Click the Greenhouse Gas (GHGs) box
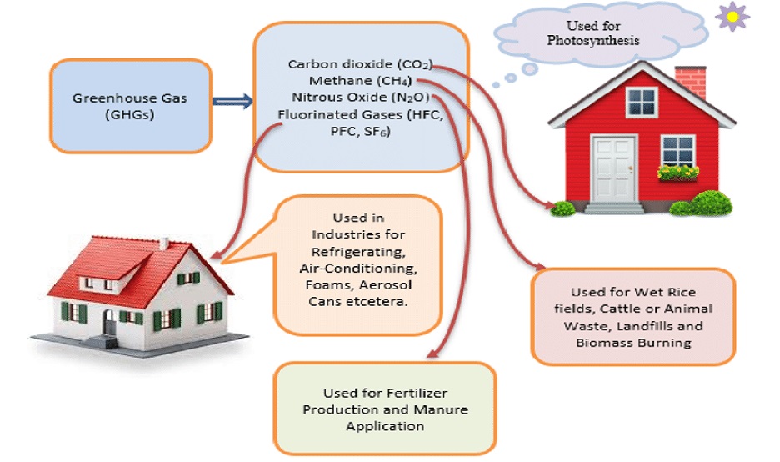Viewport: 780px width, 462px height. (x=131, y=106)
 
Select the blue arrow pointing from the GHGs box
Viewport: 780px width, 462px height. (x=232, y=101)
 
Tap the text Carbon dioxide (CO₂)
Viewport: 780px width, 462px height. (x=360, y=64)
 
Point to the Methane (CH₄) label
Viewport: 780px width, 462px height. (x=360, y=81)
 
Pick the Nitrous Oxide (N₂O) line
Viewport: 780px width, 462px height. (x=360, y=97)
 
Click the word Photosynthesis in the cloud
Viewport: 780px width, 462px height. (x=593, y=40)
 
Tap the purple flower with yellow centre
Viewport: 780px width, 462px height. (x=732, y=17)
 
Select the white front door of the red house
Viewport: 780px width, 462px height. (x=614, y=168)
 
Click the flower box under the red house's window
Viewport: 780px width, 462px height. (x=678, y=173)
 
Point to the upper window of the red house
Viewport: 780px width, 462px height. (x=642, y=102)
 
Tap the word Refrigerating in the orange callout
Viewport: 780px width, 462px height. (x=358, y=251)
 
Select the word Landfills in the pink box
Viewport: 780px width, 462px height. (x=640, y=326)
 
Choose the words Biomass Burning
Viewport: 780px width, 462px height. (x=633, y=343)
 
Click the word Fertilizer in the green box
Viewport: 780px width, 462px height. (x=417, y=394)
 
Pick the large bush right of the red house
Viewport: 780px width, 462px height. (x=708, y=203)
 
